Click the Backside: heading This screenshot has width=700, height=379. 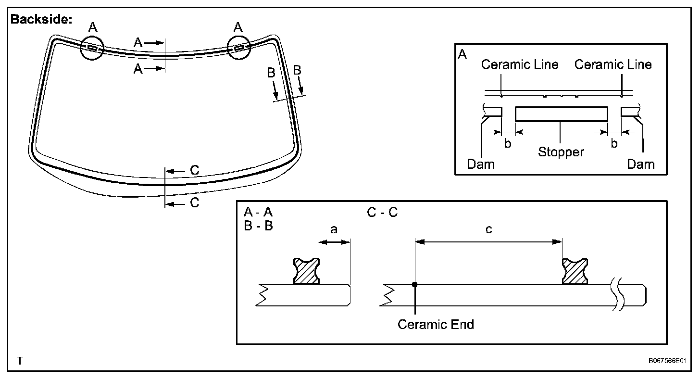pos(41,20)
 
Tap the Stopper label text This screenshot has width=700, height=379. pos(561,152)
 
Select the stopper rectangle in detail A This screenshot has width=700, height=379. pos(561,114)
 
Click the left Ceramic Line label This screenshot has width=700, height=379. pos(520,64)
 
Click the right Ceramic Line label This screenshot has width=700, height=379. pos(613,64)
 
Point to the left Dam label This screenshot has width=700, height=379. pos(481,164)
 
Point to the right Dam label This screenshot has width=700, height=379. pos(641,164)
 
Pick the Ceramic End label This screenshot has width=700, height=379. pos(436,325)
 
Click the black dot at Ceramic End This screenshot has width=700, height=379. pos(415,285)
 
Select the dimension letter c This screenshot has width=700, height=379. pos(489,230)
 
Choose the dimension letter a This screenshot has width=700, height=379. pos(334,230)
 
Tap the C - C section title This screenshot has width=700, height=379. pos(383,212)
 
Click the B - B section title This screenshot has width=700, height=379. pos(258,226)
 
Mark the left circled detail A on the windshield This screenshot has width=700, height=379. pos(92,48)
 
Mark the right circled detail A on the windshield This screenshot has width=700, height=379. pos(239,47)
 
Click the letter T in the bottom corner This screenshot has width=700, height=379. pos(20,361)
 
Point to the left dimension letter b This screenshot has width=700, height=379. pos(508,143)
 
